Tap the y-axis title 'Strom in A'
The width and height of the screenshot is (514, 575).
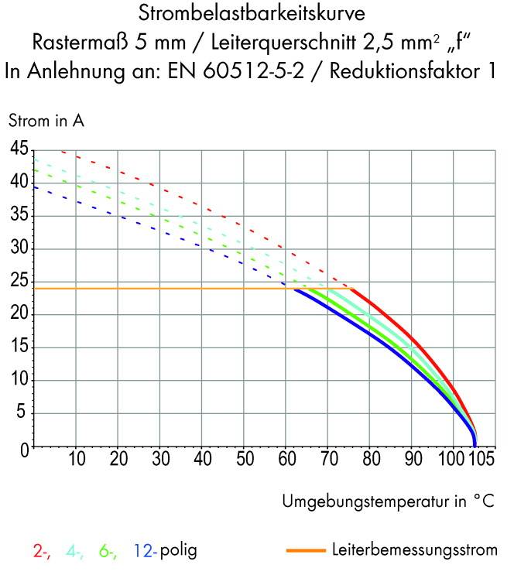coord(46,121)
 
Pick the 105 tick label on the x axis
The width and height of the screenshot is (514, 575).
coord(480,460)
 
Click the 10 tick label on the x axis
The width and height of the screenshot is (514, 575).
coord(77,460)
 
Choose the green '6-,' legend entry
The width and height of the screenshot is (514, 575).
coord(108,552)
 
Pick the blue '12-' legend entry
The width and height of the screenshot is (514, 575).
coord(144,552)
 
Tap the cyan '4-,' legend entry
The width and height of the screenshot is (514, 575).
coord(75,552)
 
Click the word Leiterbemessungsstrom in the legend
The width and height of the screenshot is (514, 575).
coord(414,551)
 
